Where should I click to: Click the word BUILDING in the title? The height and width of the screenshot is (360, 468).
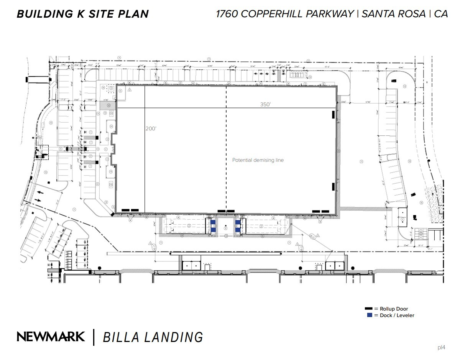click(43, 14)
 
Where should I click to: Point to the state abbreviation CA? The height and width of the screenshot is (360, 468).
click(441, 14)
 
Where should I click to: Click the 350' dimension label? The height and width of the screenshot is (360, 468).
click(265, 105)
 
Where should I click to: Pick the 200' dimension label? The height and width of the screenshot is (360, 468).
click(151, 129)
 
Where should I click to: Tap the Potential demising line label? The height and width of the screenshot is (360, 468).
click(258, 160)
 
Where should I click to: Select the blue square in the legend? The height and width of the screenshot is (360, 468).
click(369, 315)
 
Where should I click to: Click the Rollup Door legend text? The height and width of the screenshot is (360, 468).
click(394, 309)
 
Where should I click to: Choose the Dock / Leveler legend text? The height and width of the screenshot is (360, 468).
click(397, 316)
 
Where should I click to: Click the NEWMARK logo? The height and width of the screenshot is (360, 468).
click(51, 337)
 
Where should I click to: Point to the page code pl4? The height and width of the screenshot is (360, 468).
click(442, 348)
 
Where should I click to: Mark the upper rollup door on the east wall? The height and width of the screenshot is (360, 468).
click(333, 114)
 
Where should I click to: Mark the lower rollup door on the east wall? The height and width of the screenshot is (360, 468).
click(333, 187)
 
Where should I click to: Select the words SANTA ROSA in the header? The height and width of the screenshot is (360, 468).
click(393, 14)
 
